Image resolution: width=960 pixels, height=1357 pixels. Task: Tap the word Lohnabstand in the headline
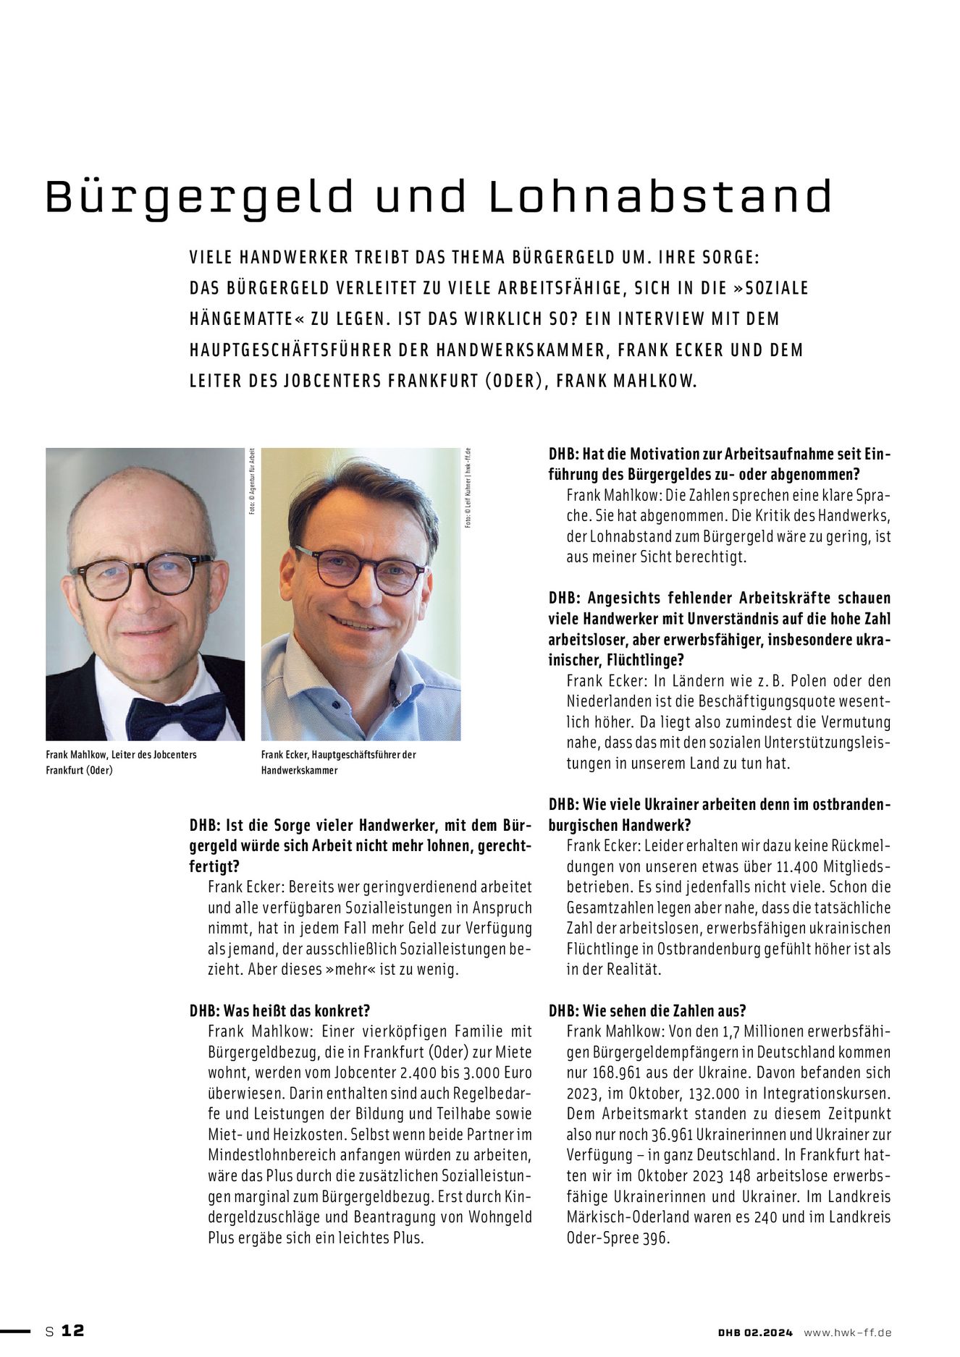coord(660,196)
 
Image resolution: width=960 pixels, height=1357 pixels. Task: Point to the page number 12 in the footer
coord(72,1330)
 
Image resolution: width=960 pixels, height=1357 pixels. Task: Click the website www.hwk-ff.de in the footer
coord(847,1332)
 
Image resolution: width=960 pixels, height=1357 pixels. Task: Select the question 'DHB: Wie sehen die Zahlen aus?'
coord(647,1010)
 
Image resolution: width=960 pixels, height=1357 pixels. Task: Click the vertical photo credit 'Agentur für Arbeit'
coord(253,478)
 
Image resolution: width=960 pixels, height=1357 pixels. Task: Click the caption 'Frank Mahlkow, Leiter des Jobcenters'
coord(121,754)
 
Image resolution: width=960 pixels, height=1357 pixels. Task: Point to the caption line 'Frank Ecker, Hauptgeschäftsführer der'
coord(338,754)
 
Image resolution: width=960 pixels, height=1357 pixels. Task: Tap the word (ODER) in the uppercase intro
coord(515,381)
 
